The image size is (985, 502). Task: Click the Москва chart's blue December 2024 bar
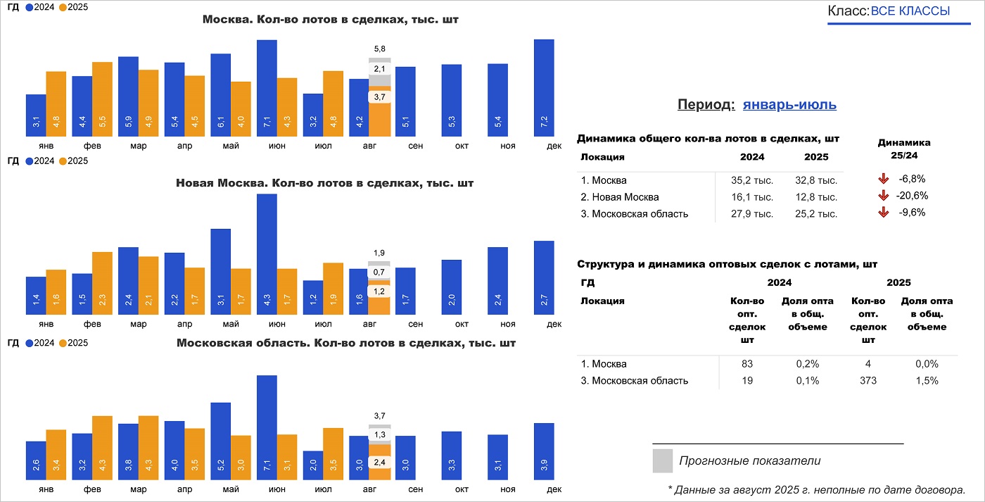pos(544,88)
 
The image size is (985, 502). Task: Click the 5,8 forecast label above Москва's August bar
pos(380,49)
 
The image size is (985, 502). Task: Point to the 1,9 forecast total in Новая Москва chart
pos(380,253)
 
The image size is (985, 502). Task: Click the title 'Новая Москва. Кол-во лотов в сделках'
pos(324,183)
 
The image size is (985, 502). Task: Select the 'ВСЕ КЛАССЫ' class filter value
pos(910,11)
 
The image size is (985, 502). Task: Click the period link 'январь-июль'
pos(789,105)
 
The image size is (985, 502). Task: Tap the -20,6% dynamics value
pos(913,196)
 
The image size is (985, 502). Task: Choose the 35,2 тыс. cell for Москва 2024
pos(752,180)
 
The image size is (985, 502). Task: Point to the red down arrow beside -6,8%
pos(884,179)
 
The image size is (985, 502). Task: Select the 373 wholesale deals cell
pos(868,381)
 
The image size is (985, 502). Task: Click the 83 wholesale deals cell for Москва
pos(747,364)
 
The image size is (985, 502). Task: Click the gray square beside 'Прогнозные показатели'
pos(662,460)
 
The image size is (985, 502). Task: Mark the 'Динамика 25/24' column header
pos(904,148)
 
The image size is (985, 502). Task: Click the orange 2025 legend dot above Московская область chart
pos(63,343)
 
